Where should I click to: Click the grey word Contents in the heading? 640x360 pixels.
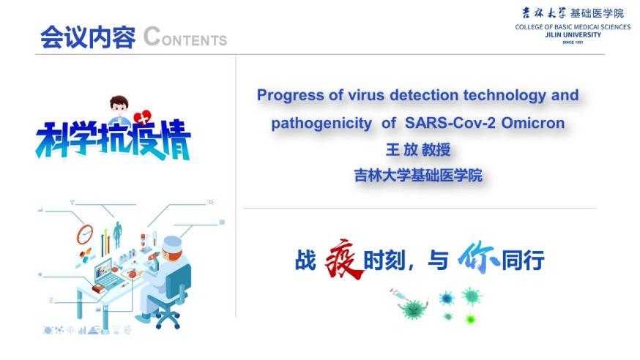(x=185, y=37)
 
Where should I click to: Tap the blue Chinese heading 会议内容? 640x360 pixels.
(x=88, y=37)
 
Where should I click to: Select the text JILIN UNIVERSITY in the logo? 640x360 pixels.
(x=573, y=34)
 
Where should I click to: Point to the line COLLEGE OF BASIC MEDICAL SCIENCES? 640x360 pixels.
(x=573, y=27)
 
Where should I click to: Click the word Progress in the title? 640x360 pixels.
(x=291, y=96)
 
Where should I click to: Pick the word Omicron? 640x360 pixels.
(x=533, y=123)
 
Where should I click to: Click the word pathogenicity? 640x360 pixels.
(x=321, y=124)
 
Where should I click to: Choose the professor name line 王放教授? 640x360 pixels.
(x=418, y=149)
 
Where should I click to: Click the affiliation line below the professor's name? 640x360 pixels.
(x=418, y=176)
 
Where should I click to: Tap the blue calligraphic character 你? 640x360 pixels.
(x=478, y=256)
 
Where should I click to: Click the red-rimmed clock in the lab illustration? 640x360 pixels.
(x=85, y=234)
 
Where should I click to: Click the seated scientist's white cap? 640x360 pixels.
(x=172, y=244)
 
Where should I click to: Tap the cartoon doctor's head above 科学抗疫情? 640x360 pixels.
(x=119, y=105)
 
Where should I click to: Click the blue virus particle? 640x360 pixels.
(x=447, y=299)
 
